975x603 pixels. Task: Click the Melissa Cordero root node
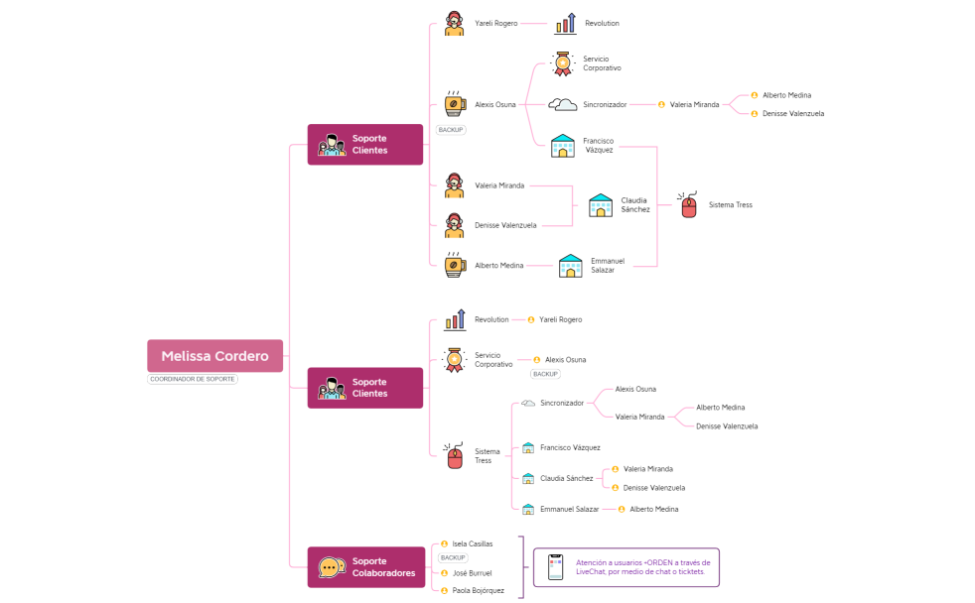(x=214, y=356)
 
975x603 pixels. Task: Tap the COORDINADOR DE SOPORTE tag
(x=193, y=379)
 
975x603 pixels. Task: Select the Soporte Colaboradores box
(x=365, y=566)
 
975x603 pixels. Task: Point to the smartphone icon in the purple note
(x=555, y=567)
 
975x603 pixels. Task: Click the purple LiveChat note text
(x=641, y=567)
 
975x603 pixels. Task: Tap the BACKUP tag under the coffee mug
(x=450, y=130)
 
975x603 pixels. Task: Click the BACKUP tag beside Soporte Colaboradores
(x=452, y=558)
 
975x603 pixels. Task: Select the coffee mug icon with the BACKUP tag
(x=455, y=104)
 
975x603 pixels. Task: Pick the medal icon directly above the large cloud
(x=563, y=65)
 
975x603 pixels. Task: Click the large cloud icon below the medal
(x=563, y=103)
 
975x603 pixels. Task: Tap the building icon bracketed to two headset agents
(x=601, y=206)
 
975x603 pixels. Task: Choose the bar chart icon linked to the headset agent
(x=566, y=24)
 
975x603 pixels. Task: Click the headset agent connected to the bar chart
(x=454, y=24)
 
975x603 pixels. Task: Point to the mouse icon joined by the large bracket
(x=687, y=205)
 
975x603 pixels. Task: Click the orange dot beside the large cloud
(x=661, y=104)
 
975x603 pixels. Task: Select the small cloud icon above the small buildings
(x=528, y=403)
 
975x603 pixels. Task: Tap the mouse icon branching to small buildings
(x=455, y=456)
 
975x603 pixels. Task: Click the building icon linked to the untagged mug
(x=571, y=266)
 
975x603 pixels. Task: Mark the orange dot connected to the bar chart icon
(x=531, y=319)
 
